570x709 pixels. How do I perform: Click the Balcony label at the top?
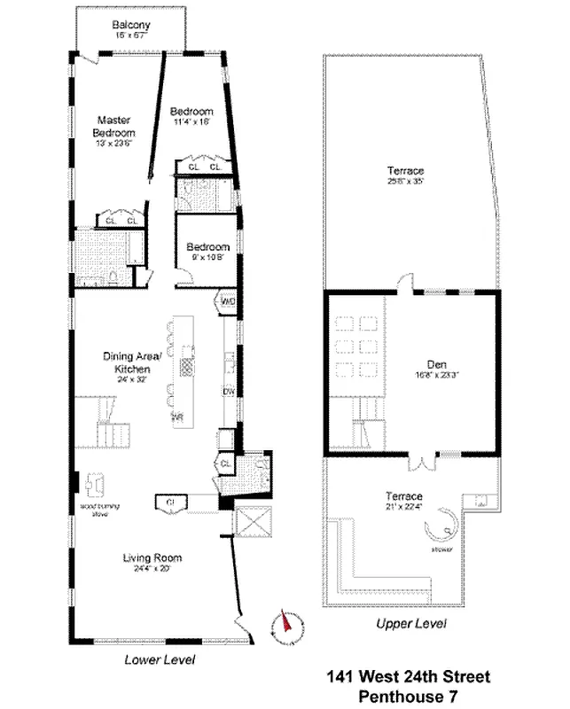(130, 26)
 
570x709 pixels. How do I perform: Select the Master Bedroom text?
(114, 127)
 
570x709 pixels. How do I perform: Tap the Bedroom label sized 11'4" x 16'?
(191, 112)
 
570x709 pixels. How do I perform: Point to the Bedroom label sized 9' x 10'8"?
(207, 247)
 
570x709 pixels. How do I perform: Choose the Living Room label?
(152, 557)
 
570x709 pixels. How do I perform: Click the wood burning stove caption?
(99, 509)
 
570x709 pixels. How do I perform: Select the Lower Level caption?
(160, 660)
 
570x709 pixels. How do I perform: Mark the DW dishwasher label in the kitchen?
(228, 391)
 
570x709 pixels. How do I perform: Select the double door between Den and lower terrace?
(421, 462)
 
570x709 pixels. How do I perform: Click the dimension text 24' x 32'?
(130, 378)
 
